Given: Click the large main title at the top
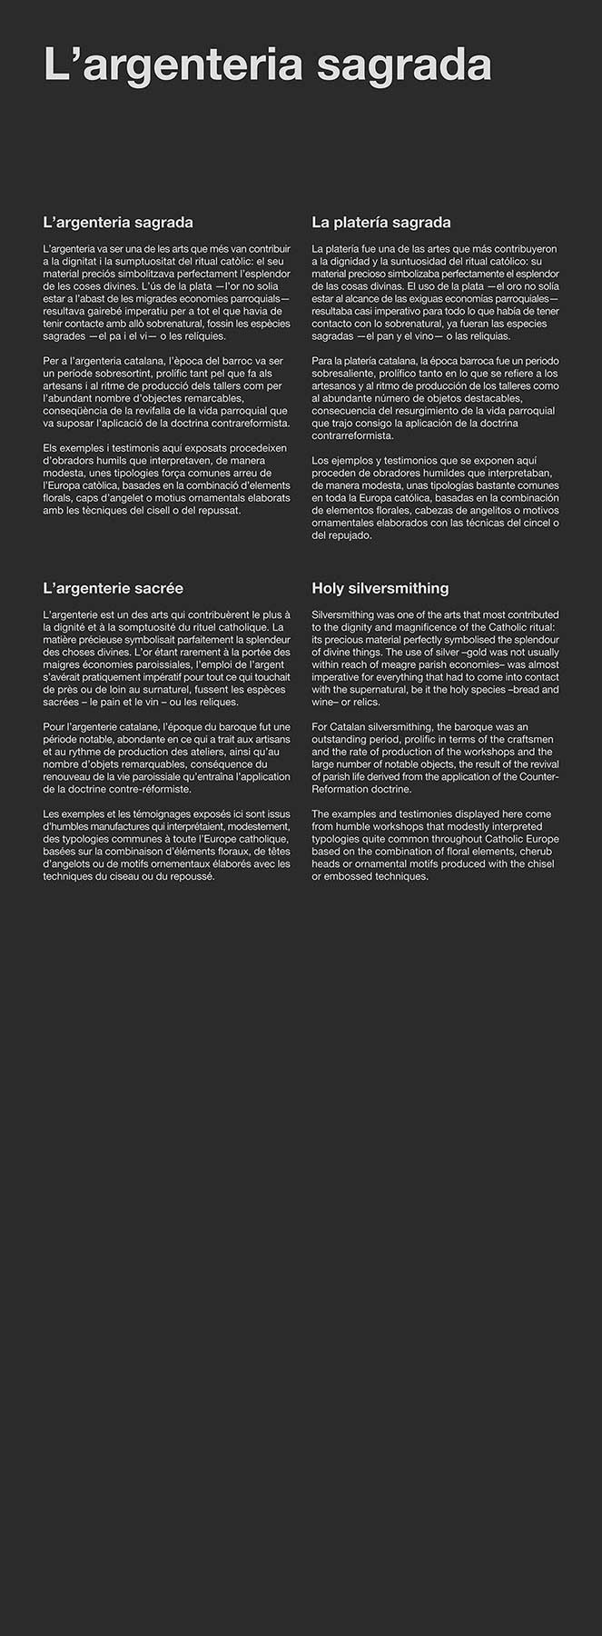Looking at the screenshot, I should point(268,65).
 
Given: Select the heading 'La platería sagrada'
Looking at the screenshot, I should point(380,223).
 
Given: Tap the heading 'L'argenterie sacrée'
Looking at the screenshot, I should point(113,588).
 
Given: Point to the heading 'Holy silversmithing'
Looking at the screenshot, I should point(380,588).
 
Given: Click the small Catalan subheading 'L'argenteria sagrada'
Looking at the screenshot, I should point(118,223).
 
